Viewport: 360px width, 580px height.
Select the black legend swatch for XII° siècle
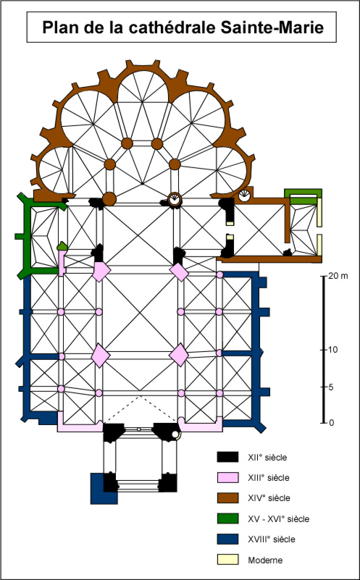[227, 457]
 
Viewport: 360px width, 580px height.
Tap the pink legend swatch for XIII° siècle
[227, 477]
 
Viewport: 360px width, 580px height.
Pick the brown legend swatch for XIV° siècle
[227, 498]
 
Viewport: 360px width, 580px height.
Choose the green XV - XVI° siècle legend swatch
[227, 518]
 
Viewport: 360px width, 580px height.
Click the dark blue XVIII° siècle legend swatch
[227, 539]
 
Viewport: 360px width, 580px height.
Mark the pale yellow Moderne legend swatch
[227, 560]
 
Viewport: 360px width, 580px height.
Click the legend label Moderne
[265, 560]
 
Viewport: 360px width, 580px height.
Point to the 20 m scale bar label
[338, 276]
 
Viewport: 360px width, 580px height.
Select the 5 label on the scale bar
[330, 387]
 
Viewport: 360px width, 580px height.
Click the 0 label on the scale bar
[330, 423]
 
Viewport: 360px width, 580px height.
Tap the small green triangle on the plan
[62, 245]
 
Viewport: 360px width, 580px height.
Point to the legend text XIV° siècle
[269, 498]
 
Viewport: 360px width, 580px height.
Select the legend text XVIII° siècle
[272, 539]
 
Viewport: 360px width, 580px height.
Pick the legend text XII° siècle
[267, 457]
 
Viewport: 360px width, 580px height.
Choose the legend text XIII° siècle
[269, 477]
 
